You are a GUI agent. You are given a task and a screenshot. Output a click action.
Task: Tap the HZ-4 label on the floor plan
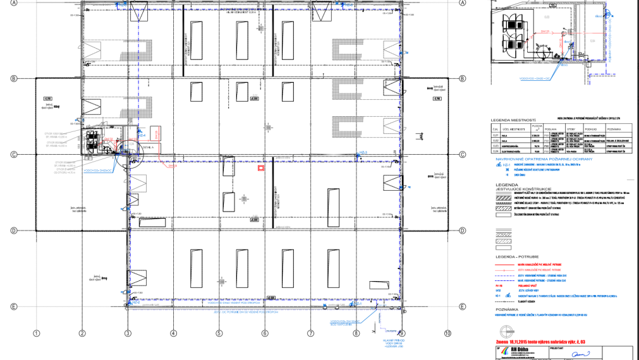[142, 135]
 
